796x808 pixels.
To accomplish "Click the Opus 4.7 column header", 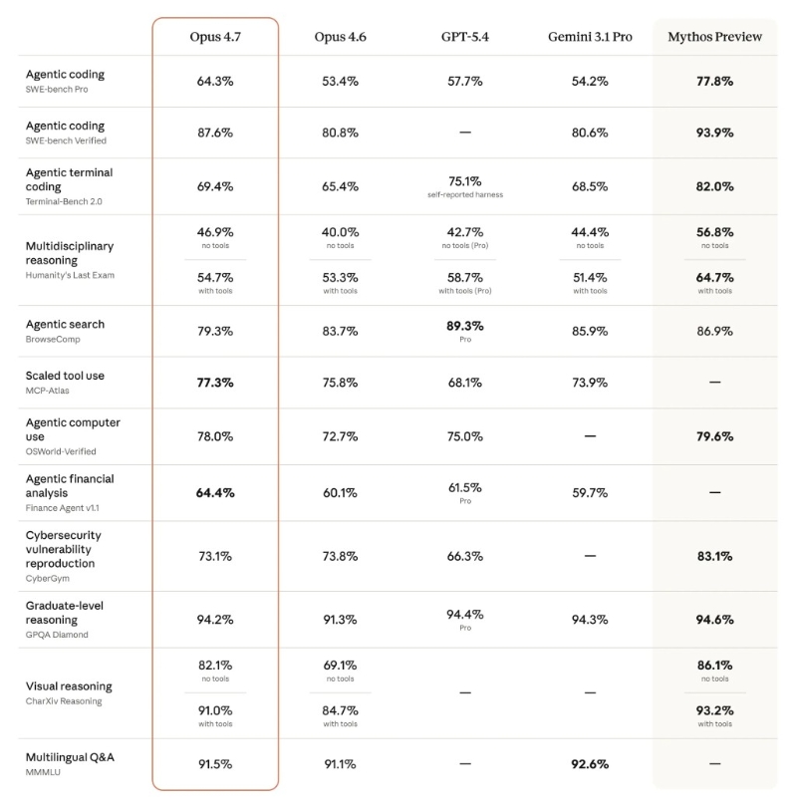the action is click(215, 37).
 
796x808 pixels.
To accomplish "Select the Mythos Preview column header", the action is click(714, 37).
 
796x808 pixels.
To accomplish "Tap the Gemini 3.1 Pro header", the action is click(590, 37).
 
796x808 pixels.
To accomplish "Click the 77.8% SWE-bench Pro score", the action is click(714, 81).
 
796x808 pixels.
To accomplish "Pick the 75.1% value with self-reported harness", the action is click(464, 181).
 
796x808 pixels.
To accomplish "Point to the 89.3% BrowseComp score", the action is click(464, 326).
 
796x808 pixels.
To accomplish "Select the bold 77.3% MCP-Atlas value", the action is click(215, 383).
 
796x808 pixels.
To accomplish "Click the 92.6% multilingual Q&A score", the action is click(590, 764).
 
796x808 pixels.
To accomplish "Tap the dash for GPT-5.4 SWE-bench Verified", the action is click(464, 133).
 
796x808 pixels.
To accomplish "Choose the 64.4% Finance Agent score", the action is click(215, 492).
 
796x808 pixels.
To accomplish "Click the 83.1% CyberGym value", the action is click(714, 556).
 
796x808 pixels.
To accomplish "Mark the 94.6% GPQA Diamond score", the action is click(714, 620).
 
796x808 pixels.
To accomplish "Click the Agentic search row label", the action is click(65, 324).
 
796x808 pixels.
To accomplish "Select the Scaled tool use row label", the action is click(65, 376).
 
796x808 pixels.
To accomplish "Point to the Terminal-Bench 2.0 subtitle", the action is click(64, 201).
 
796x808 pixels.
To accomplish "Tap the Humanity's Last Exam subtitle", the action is click(70, 275).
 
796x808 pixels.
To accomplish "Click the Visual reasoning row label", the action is click(69, 686).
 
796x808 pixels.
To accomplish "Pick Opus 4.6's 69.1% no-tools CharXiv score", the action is click(340, 666).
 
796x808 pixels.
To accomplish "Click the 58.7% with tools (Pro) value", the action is click(464, 278).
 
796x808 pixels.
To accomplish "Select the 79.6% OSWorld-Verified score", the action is click(714, 436).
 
